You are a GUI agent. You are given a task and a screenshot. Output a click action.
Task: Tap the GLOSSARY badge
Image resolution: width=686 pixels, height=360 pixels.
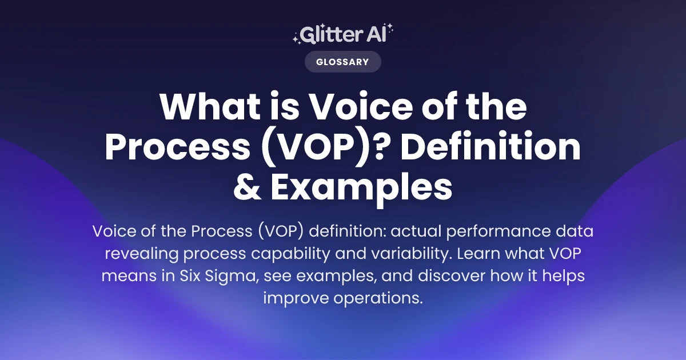(x=342, y=62)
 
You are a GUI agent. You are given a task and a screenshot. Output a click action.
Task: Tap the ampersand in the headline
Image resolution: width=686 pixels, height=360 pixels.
(x=248, y=187)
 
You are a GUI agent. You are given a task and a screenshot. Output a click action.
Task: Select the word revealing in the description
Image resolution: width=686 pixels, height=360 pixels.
(x=147, y=254)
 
